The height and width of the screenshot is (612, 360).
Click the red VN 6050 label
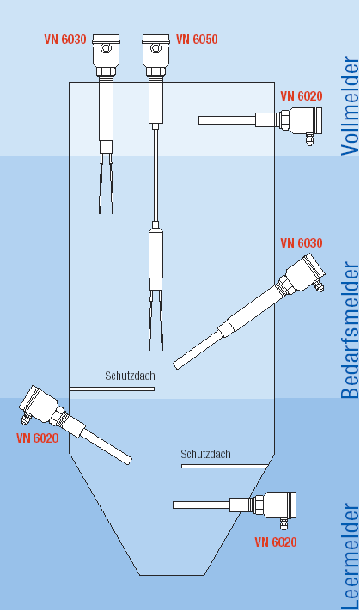pos(197,40)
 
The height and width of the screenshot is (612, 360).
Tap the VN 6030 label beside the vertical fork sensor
pos(64,40)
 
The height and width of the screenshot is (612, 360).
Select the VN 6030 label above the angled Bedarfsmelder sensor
pos(302,242)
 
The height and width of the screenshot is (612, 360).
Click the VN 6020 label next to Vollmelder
pos(302,96)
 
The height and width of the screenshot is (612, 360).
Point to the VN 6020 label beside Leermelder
pos(276,542)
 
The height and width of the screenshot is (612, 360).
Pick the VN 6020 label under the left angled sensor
pos(38,438)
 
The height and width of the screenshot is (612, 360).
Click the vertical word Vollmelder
pos(350,107)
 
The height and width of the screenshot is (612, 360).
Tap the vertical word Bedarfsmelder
pos(350,330)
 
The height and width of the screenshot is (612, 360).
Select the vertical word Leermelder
pos(350,557)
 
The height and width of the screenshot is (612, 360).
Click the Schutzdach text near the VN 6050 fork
pos(130,376)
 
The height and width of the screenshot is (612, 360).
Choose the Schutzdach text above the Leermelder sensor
pos(205,454)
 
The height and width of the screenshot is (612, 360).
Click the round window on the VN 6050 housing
pos(156,48)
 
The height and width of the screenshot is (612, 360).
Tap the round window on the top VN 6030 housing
pos(106,48)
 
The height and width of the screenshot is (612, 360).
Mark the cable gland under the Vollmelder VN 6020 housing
pos(309,139)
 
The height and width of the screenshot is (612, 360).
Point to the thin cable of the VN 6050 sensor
pos(156,175)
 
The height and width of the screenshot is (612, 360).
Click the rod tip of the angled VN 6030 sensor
pos(177,365)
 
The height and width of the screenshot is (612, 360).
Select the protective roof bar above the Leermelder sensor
pos(224,466)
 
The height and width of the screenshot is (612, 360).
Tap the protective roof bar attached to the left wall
pos(112,389)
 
